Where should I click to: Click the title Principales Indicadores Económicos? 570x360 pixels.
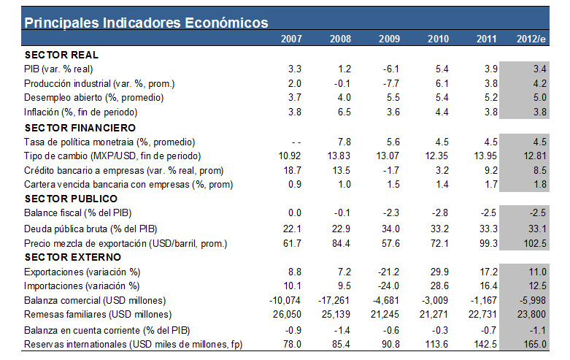(146, 23)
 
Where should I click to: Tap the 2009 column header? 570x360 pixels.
(389, 39)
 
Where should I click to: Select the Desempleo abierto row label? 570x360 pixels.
(93, 98)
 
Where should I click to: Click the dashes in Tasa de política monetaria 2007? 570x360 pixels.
(296, 141)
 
